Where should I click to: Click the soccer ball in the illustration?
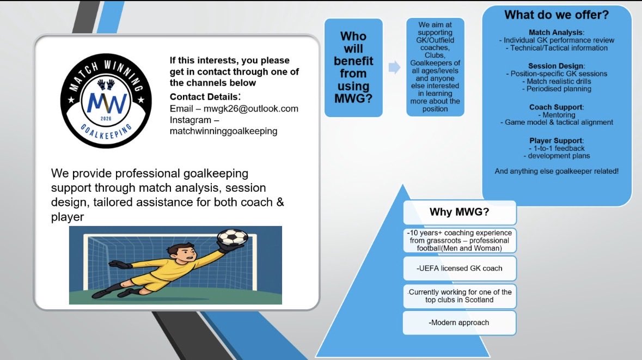click(x=233, y=237)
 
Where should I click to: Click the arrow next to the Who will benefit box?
click(x=394, y=68)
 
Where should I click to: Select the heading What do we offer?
click(x=556, y=15)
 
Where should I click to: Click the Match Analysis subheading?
click(x=555, y=32)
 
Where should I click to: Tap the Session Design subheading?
click(x=555, y=65)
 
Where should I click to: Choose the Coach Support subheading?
click(x=555, y=107)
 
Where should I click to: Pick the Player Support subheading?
click(x=555, y=141)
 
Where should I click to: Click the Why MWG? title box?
click(x=459, y=212)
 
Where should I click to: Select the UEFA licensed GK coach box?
click(x=459, y=268)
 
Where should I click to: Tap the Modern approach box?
click(x=459, y=322)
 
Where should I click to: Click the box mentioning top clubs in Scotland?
click(x=459, y=296)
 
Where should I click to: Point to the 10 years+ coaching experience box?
click(x=459, y=240)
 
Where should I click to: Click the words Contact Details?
click(x=204, y=96)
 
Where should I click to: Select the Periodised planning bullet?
click(x=555, y=89)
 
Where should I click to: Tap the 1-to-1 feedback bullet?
click(x=555, y=148)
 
